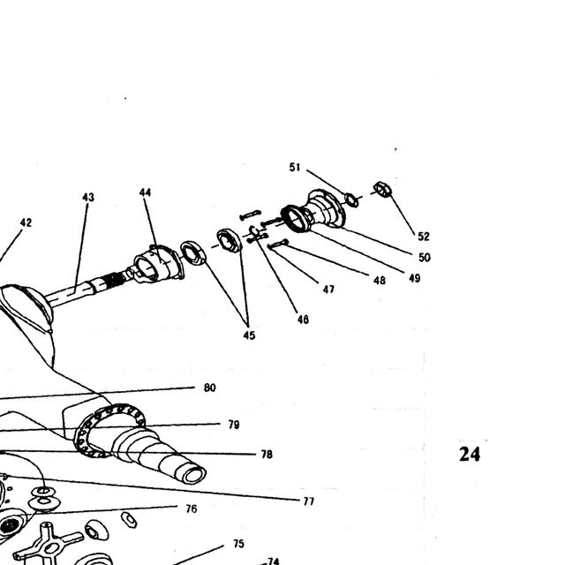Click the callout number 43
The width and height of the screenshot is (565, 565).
pos(88,197)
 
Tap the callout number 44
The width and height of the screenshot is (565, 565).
pos(145,192)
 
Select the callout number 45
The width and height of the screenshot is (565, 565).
pos(249,335)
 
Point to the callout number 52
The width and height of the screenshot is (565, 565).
pos(424,237)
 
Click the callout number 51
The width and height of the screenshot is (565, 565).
pos(295,167)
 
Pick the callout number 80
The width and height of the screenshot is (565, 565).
pos(210,388)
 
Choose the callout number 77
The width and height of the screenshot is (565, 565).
pos(309,501)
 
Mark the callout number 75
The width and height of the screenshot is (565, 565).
pos(238,544)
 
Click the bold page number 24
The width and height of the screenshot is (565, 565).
pos(470,454)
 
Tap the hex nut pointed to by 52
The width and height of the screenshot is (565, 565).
pos(382,189)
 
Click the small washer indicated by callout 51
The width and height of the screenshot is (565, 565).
pos(351,200)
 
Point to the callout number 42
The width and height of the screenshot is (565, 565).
pos(26,222)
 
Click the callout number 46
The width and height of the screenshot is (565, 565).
pos(303,320)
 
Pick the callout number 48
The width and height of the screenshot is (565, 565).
pos(380,281)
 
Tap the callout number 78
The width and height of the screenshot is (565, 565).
pos(267,455)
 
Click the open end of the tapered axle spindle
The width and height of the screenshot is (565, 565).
pos(194,475)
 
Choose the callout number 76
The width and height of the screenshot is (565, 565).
pos(192,508)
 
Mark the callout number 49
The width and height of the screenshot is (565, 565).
pos(414,278)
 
